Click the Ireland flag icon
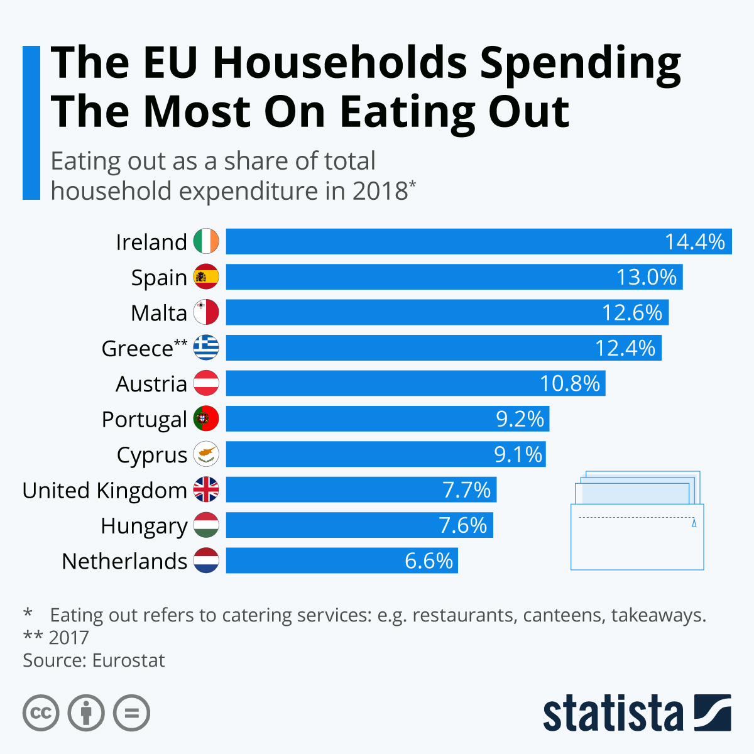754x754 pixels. tap(206, 241)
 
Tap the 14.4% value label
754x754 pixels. tap(695, 242)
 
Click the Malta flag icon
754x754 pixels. tap(206, 312)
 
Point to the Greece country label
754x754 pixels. tap(138, 349)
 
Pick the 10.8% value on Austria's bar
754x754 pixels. tap(570, 383)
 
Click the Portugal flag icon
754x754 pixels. tap(206, 418)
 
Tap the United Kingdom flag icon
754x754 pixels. tap(206, 489)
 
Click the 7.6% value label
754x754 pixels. tap(463, 525)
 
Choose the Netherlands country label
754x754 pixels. tap(124, 561)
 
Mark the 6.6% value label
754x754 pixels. tap(429, 560)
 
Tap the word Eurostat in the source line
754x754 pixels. tap(128, 660)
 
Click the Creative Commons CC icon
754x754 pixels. tap(41, 713)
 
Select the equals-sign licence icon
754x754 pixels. tap(132, 713)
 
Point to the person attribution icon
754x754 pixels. tap(86, 713)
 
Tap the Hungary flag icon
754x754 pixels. tap(206, 525)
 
